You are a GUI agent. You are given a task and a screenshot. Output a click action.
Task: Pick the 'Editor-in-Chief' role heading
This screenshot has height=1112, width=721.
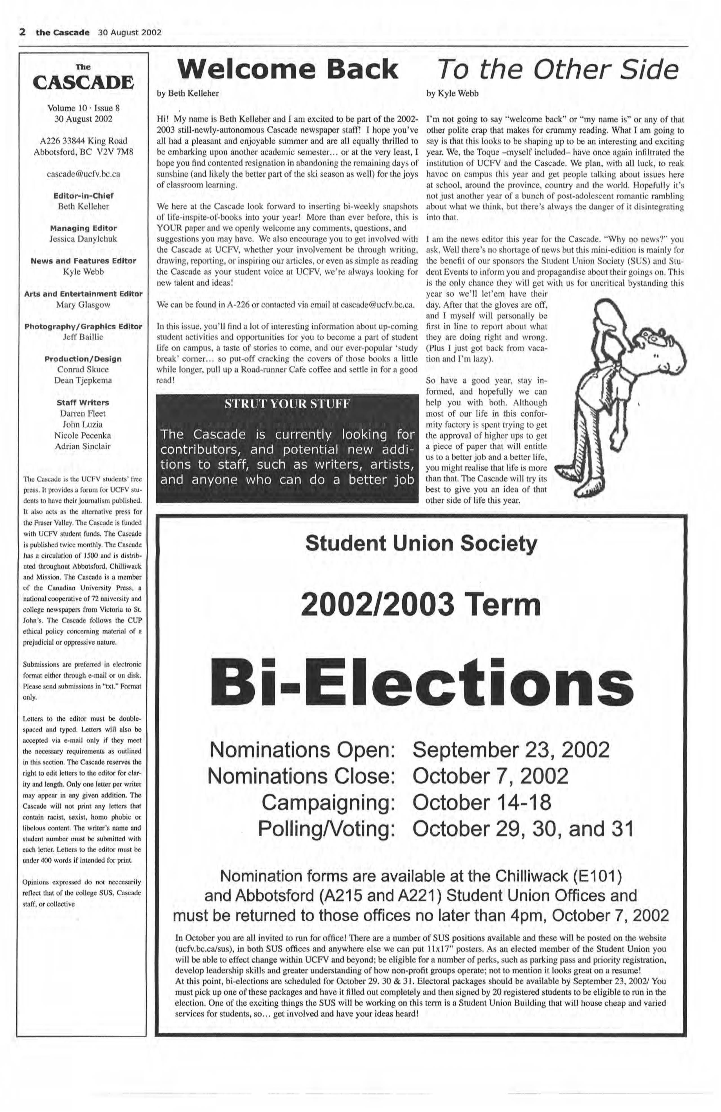tap(83, 196)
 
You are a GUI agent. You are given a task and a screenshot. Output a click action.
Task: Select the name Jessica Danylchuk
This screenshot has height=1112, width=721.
tap(83, 239)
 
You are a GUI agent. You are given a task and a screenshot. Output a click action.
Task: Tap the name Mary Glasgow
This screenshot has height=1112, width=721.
tap(83, 305)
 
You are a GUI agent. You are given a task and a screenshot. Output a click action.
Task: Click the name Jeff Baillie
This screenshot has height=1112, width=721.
tap(83, 337)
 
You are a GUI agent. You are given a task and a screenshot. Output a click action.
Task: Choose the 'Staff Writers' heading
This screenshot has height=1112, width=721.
tap(83, 402)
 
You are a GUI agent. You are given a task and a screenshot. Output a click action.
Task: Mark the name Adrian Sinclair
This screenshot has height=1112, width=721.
tap(83, 446)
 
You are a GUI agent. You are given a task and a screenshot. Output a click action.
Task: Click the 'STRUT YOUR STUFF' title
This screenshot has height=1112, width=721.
tap(287, 404)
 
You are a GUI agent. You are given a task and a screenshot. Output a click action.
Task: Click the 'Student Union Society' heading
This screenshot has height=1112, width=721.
tap(421, 543)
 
